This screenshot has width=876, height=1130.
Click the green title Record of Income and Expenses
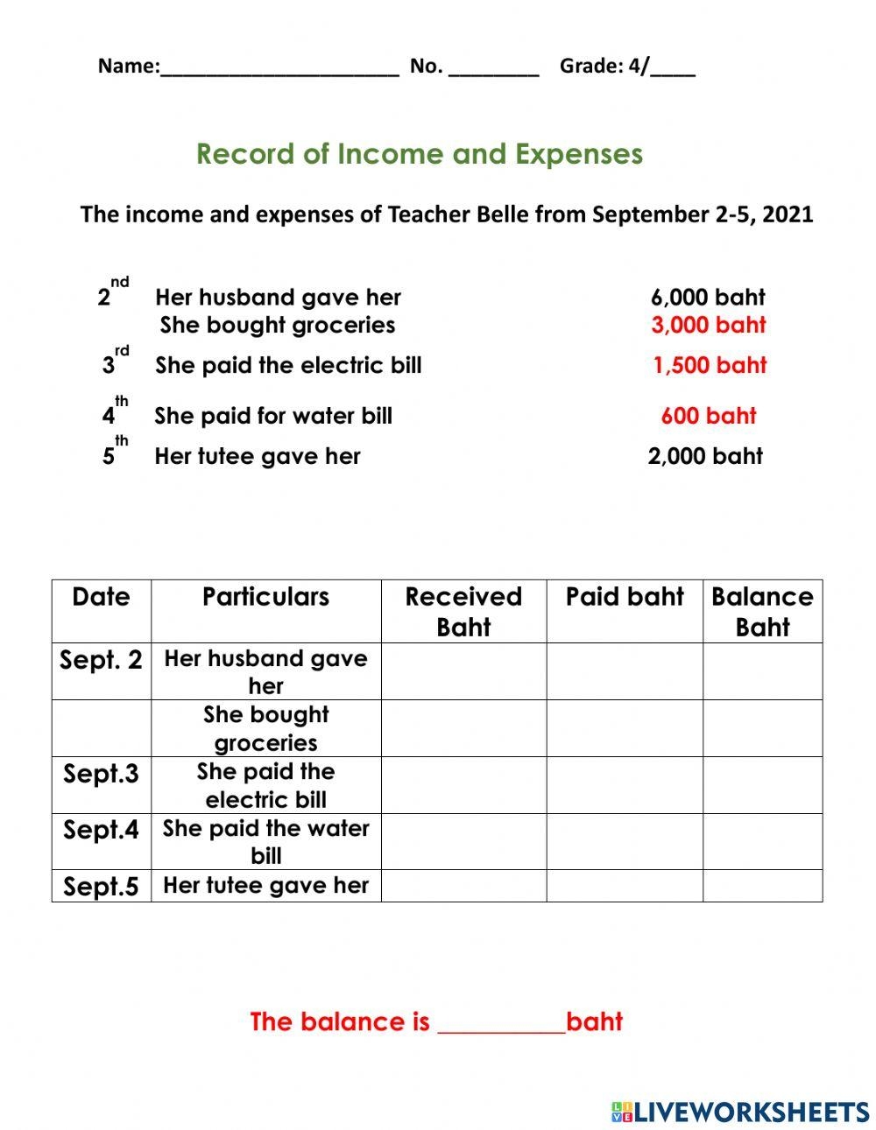click(420, 154)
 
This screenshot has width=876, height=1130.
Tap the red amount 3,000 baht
click(708, 325)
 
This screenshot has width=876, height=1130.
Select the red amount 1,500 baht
click(710, 365)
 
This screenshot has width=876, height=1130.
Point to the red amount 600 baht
click(708, 416)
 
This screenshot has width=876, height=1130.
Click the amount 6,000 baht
click(708, 298)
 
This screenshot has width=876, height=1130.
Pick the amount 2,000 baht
click(705, 456)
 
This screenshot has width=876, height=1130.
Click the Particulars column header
click(265, 597)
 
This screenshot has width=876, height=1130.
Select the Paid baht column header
click(624, 597)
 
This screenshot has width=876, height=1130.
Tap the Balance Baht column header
click(762, 611)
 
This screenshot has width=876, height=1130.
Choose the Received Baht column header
click(463, 611)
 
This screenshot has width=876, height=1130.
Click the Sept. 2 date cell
click(101, 660)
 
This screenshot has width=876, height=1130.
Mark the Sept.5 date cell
click(101, 887)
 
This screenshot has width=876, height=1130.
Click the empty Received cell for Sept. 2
click(463, 671)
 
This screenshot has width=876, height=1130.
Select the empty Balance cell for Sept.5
click(762, 886)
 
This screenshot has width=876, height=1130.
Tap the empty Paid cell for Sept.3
click(624, 785)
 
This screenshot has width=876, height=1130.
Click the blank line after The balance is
click(501, 1024)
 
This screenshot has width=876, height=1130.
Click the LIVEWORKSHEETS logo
click(740, 1112)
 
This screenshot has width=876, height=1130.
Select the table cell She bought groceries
click(265, 728)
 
